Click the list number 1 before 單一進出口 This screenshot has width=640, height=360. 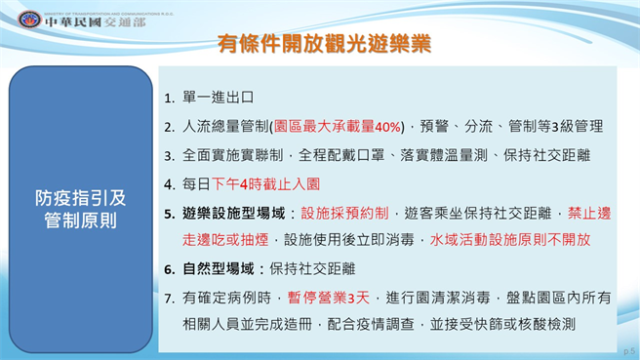pos(169,99)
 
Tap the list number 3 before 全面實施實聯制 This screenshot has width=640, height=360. pos(169,155)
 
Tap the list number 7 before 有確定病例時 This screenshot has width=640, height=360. pos(169,296)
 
